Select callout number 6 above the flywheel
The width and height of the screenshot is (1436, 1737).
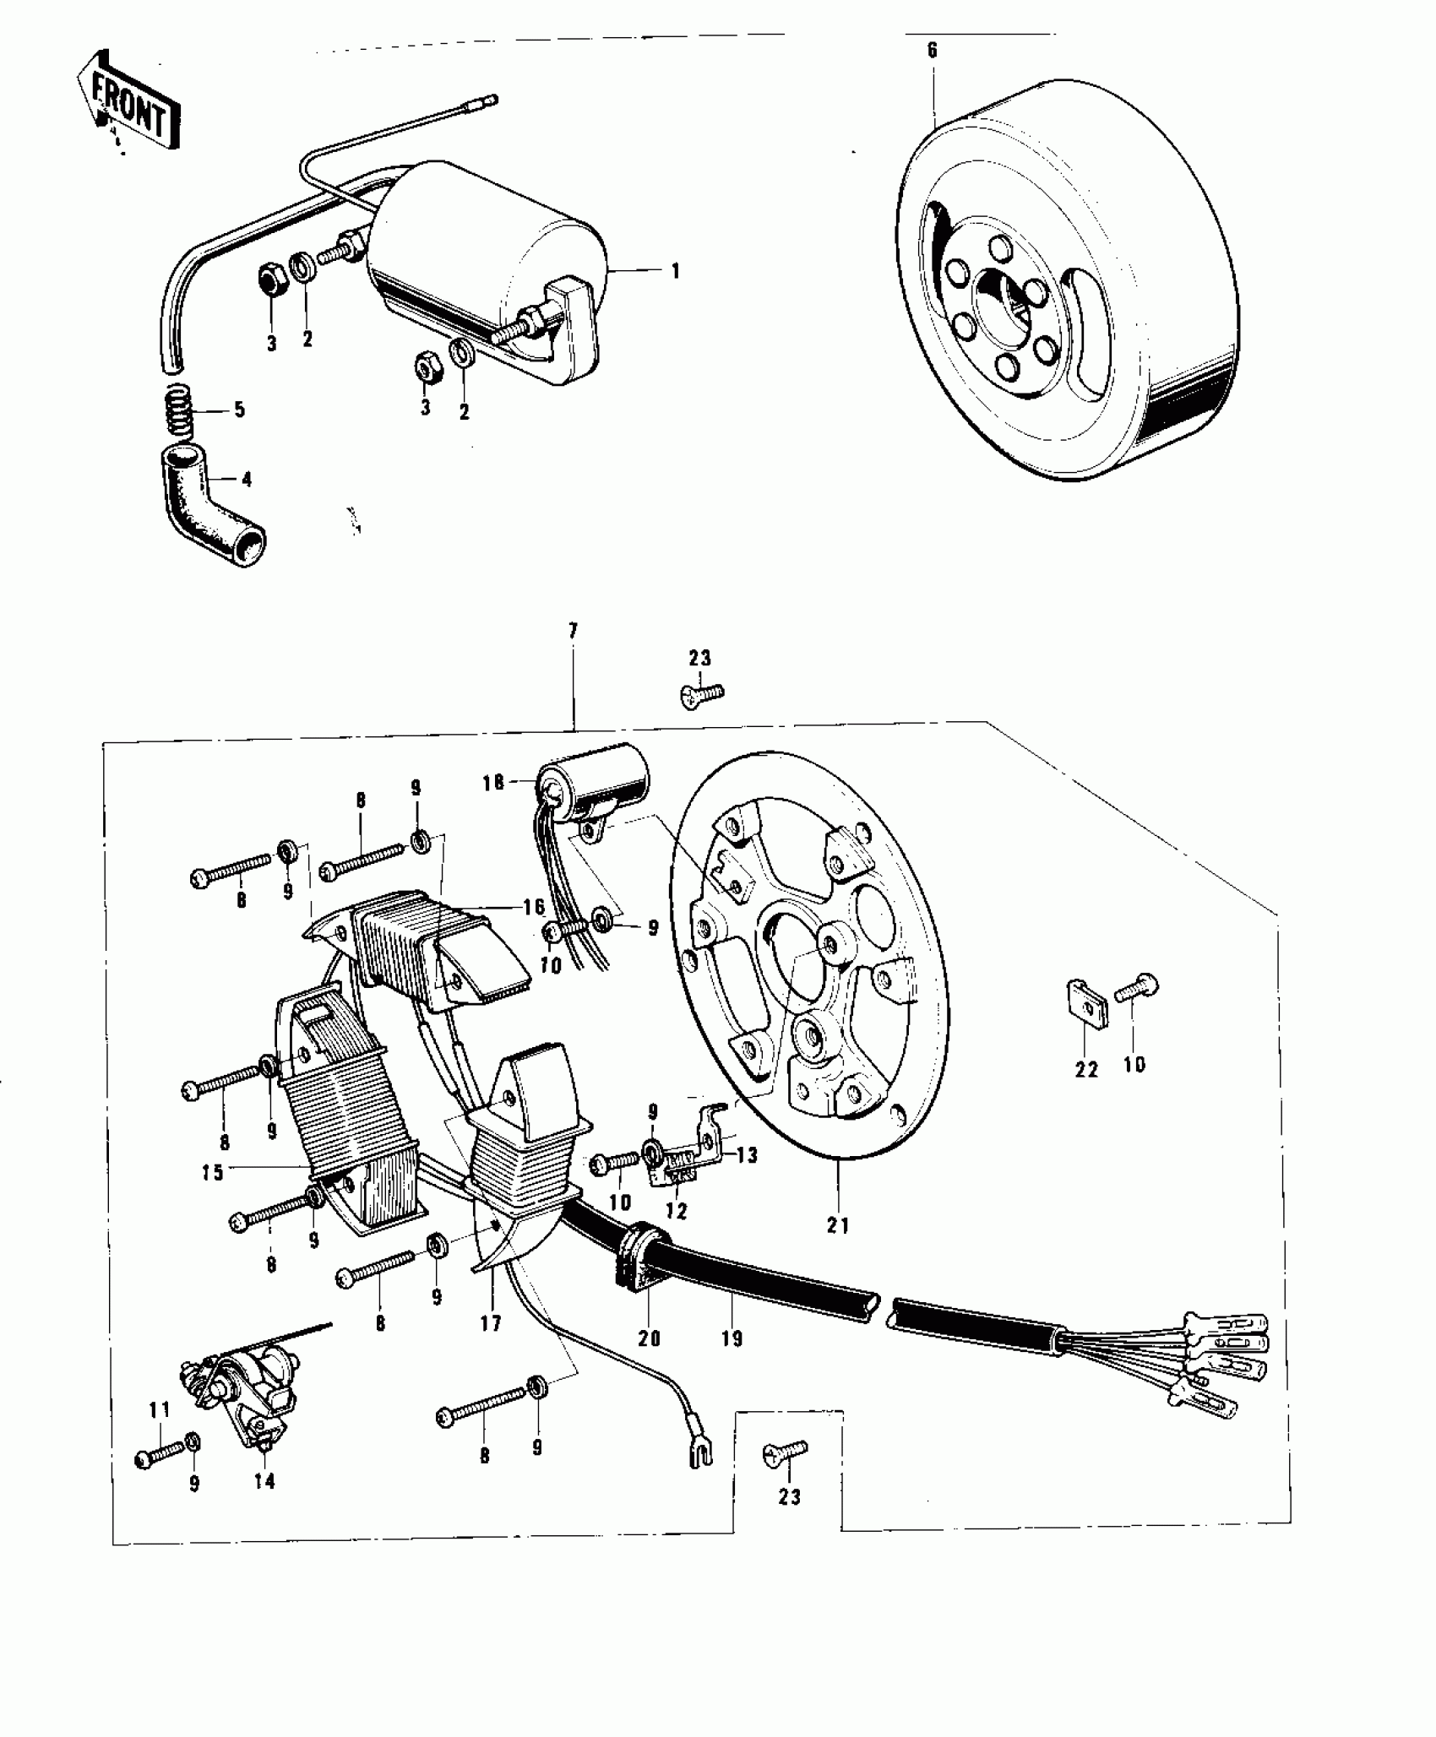click(932, 50)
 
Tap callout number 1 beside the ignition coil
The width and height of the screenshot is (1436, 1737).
click(674, 271)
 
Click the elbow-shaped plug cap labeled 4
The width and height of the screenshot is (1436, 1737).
click(206, 508)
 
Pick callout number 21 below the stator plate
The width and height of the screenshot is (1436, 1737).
click(838, 1224)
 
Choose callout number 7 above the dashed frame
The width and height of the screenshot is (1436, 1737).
click(573, 630)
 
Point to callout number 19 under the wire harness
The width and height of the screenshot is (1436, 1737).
click(732, 1338)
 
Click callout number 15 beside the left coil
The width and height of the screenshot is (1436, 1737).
click(212, 1173)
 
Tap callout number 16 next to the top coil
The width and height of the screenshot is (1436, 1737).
click(534, 908)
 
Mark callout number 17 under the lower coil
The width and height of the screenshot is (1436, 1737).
click(491, 1324)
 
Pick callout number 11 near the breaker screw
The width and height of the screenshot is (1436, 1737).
click(160, 1410)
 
